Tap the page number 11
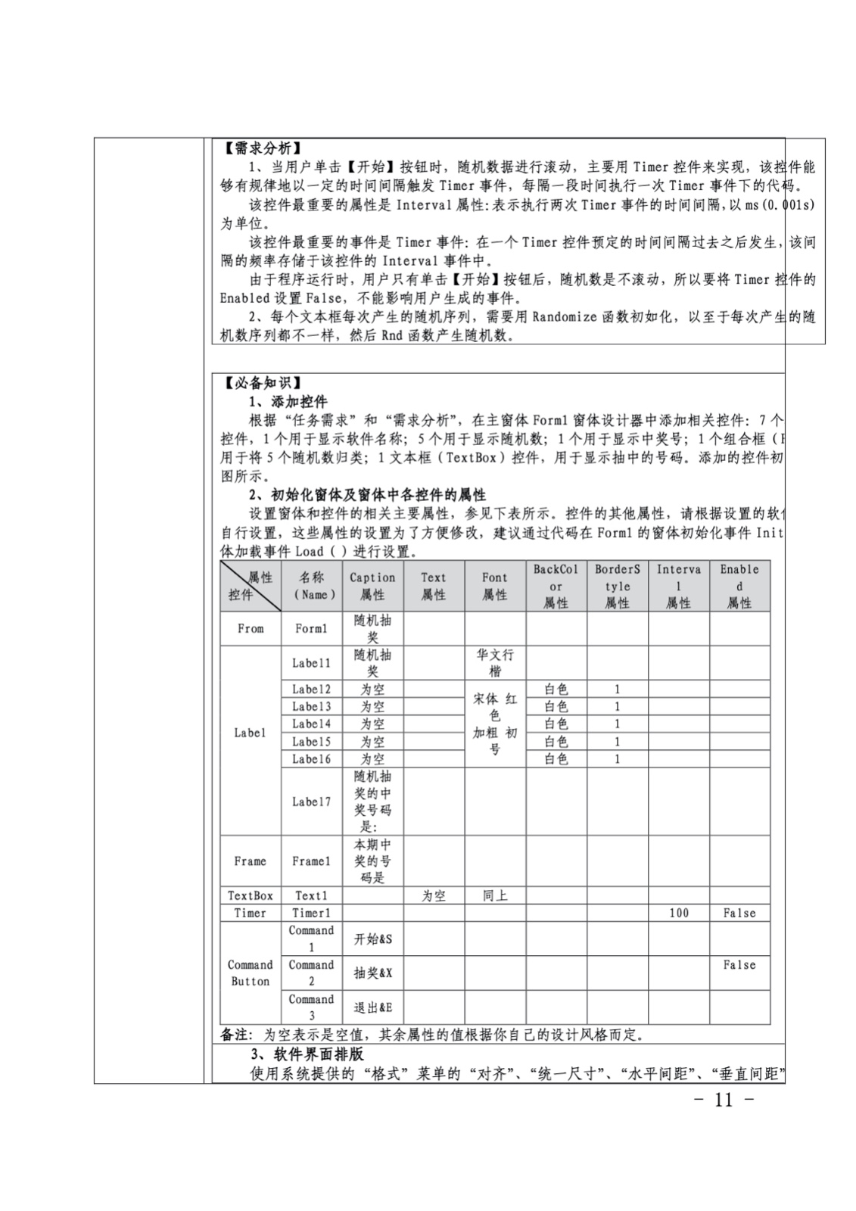[x=724, y=1100]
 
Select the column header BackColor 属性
[x=556, y=586]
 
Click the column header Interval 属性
[x=678, y=586]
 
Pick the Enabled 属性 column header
[x=739, y=586]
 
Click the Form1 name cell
[x=311, y=628]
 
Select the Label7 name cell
[x=311, y=802]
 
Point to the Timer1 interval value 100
[x=678, y=913]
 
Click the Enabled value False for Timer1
[x=739, y=913]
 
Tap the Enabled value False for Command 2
[x=739, y=965]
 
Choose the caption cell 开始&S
[x=372, y=939]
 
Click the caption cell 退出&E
[x=372, y=1007]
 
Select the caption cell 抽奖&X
[x=372, y=973]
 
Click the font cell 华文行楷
[x=495, y=663]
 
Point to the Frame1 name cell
[x=311, y=861]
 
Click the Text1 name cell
[x=311, y=895]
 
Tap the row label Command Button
[x=250, y=973]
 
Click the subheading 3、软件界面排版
[x=307, y=1054]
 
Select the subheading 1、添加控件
[x=288, y=401]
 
